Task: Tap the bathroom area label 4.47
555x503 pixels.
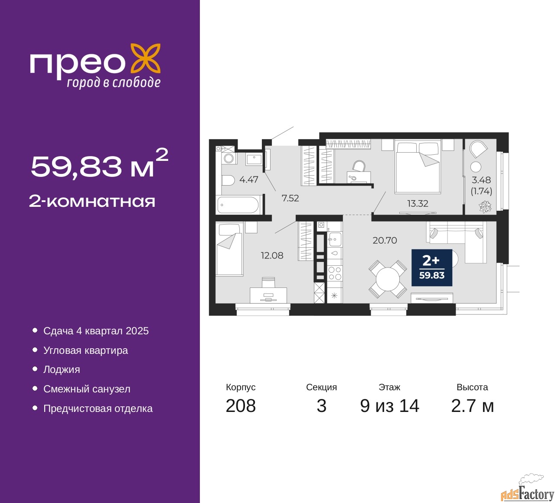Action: pyautogui.click(x=249, y=180)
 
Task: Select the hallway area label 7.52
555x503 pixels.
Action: pyautogui.click(x=290, y=198)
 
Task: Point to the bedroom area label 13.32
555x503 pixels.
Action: pyautogui.click(x=418, y=203)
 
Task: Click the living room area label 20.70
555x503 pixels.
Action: pyautogui.click(x=385, y=240)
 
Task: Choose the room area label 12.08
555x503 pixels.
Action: pyautogui.click(x=272, y=255)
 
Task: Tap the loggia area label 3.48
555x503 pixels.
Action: pyautogui.click(x=481, y=180)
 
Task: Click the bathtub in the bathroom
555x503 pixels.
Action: pyautogui.click(x=239, y=205)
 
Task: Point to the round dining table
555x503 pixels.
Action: pyautogui.click(x=388, y=279)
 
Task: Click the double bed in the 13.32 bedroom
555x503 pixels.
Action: pyautogui.click(x=418, y=166)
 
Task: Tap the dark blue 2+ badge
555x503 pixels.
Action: pyautogui.click(x=431, y=268)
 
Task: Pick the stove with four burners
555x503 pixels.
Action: pyautogui.click(x=335, y=273)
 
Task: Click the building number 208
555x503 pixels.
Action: pyautogui.click(x=241, y=406)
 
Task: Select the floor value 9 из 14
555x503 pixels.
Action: pyautogui.click(x=389, y=406)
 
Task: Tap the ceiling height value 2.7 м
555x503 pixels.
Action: pyautogui.click(x=472, y=406)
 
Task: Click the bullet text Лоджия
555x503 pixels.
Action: pyautogui.click(x=62, y=369)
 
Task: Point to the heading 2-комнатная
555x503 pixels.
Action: pyautogui.click(x=92, y=201)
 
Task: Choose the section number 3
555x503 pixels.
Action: pyautogui.click(x=321, y=406)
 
